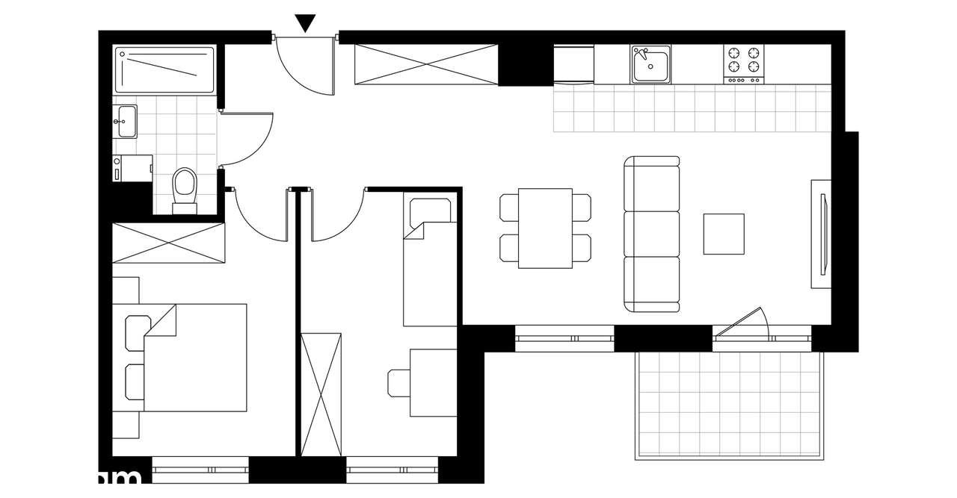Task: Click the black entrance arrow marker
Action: (305, 23)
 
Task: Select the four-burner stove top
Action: (744, 64)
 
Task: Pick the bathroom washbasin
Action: (126, 121)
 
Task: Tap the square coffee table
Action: (723, 234)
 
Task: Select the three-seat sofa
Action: (652, 234)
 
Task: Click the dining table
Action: (545, 228)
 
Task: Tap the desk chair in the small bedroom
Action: (398, 382)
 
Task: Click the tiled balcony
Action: (728, 403)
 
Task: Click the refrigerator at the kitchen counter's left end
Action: (573, 64)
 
